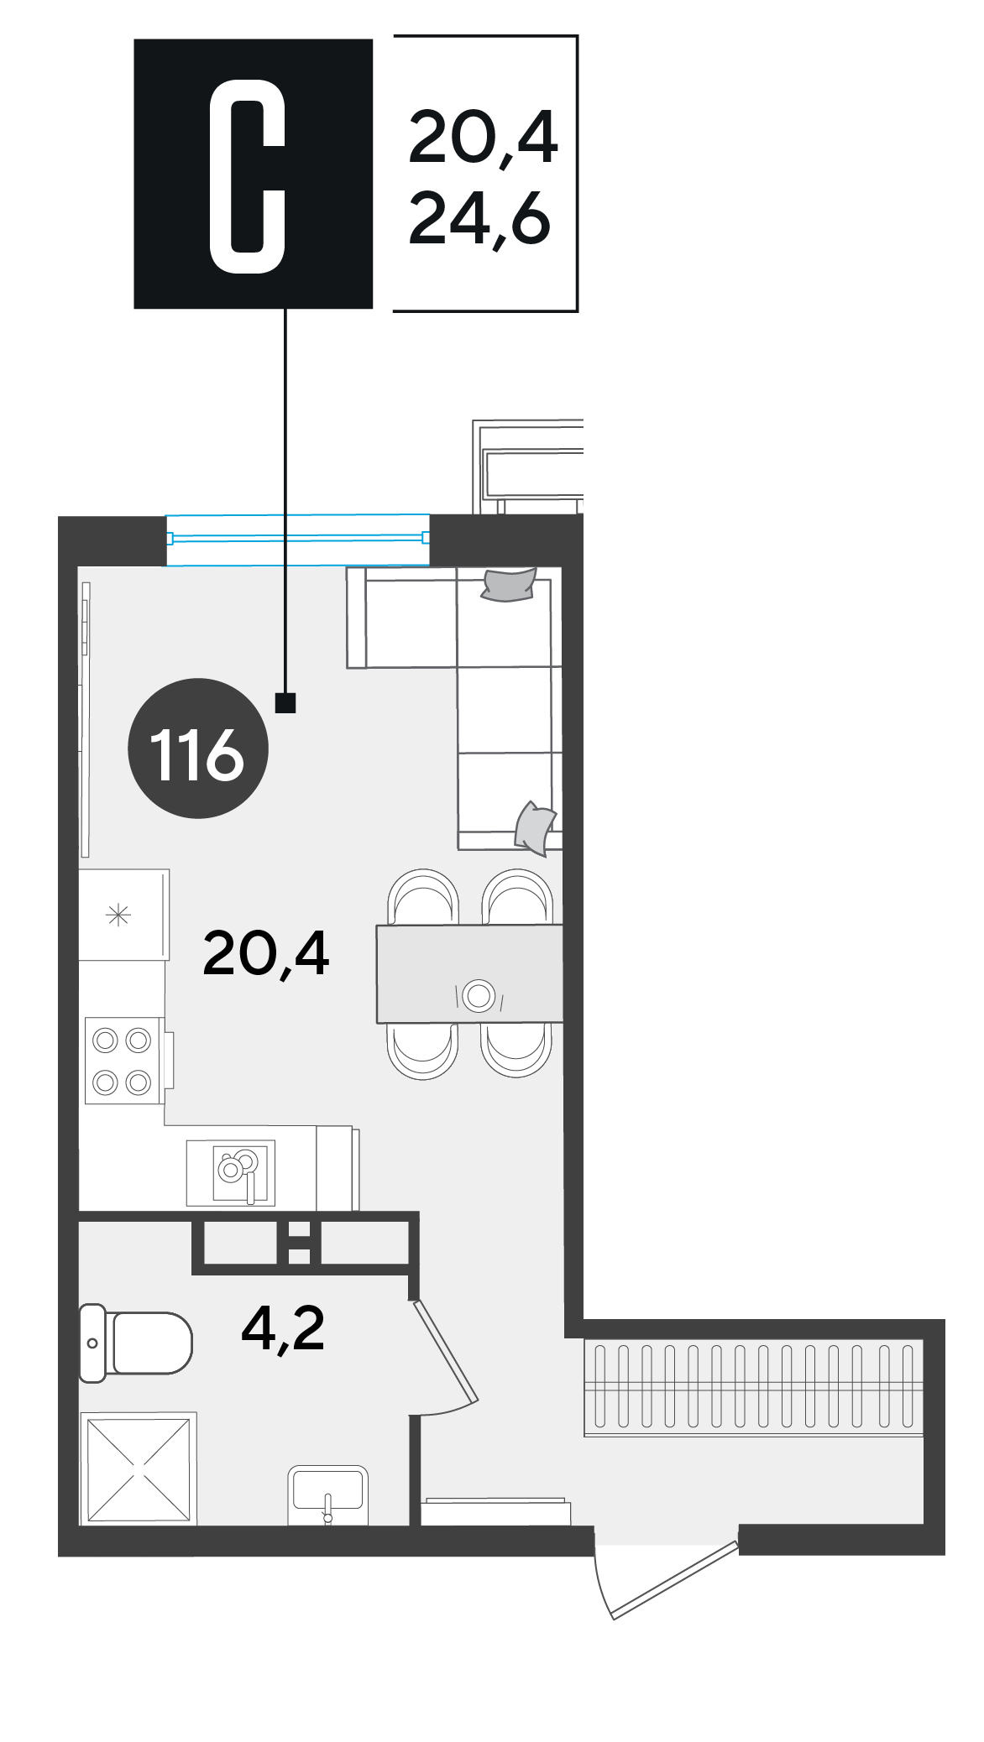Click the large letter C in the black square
(247, 176)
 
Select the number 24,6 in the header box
(479, 220)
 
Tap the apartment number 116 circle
(198, 748)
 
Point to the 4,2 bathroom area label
(282, 1329)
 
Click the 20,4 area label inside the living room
(265, 954)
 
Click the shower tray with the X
(139, 1468)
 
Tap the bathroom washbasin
(328, 1494)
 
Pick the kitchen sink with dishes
(231, 1172)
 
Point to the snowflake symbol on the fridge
(118, 915)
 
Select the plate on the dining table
(479, 995)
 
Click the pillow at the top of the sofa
(509, 586)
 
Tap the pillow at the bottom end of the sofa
(535, 827)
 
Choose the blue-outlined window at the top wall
(298, 540)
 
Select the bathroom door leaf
(445, 1350)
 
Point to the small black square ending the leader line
(285, 702)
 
